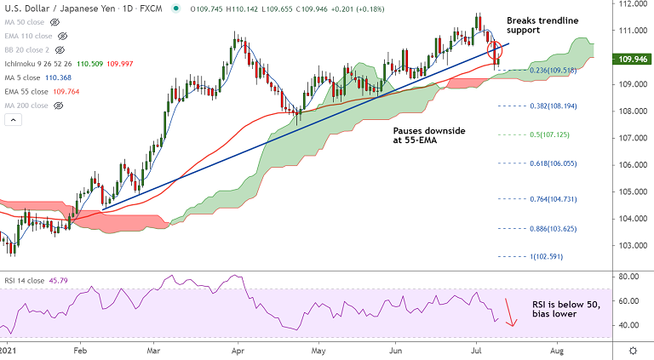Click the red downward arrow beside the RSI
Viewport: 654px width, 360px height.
tap(511, 312)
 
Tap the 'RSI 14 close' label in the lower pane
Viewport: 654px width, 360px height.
tap(26, 280)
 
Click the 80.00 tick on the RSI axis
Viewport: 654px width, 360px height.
tap(628, 277)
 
